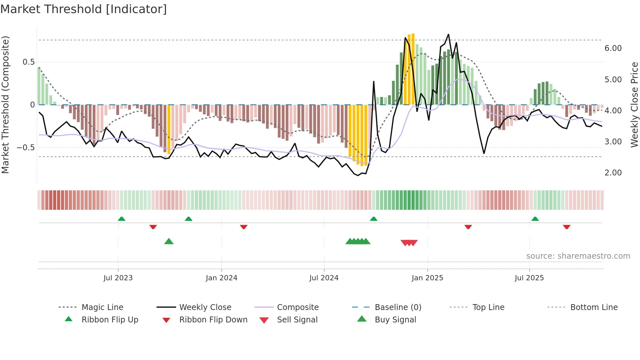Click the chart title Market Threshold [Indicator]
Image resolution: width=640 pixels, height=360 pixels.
[84, 9]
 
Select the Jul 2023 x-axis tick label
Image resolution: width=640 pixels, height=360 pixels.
[118, 278]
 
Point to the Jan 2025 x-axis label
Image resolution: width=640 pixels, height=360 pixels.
[427, 278]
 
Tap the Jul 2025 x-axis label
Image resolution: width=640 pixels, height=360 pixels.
[529, 278]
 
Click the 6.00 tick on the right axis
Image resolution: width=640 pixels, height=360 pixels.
[613, 48]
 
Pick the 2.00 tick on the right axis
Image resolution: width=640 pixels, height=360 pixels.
[613, 173]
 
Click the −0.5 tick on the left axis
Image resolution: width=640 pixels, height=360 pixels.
[25, 148]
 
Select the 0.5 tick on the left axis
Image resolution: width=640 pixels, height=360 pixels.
[28, 62]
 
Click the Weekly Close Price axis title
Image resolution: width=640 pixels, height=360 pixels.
[634, 105]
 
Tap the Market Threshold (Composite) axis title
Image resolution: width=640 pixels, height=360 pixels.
[6, 105]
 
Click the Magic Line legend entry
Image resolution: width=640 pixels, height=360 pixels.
[102, 307]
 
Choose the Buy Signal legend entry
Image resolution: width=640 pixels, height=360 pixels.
[395, 320]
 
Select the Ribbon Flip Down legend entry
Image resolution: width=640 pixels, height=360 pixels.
[213, 320]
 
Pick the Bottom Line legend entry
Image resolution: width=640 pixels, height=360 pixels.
[594, 307]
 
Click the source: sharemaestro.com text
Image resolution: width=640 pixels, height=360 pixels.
[578, 256]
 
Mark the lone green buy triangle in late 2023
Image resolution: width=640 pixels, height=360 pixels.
[169, 241]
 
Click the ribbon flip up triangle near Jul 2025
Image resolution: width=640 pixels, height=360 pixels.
[535, 219]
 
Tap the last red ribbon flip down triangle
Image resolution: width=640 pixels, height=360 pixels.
[567, 227]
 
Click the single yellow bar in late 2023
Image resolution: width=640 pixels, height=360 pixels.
[169, 129]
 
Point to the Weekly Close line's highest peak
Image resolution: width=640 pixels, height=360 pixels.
[448, 34]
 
